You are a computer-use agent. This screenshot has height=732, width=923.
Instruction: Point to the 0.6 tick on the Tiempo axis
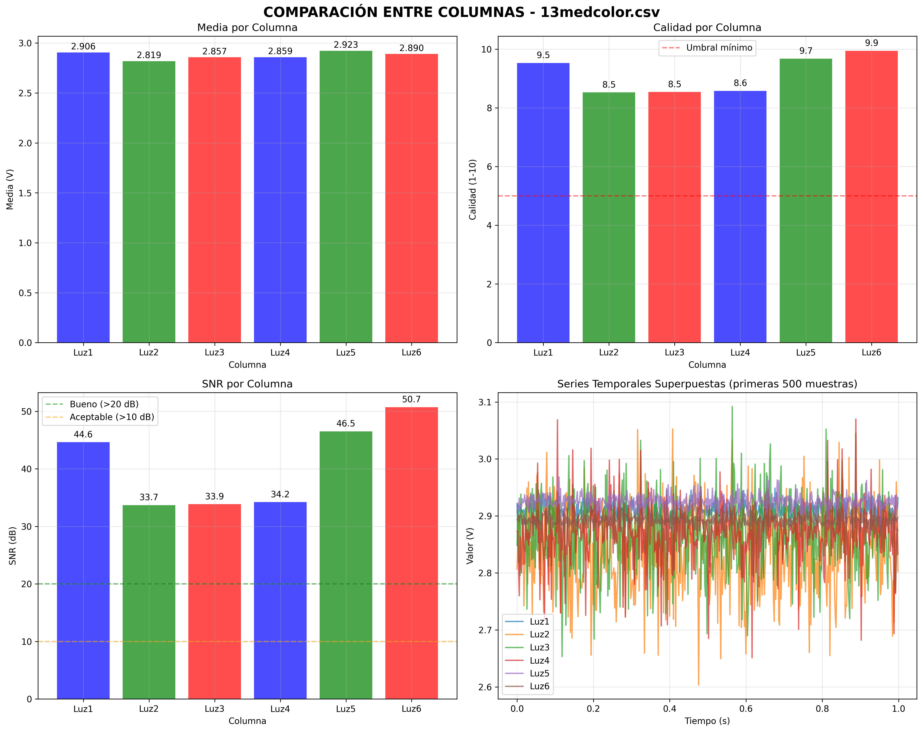click(746, 709)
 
